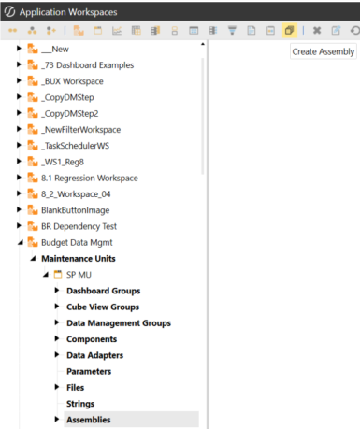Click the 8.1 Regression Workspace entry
click(90, 178)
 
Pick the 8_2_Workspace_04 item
click(82, 193)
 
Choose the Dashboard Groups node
click(103, 291)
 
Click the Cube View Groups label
click(103, 307)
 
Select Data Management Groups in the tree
click(119, 322)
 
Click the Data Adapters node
click(95, 355)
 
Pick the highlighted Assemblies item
click(89, 420)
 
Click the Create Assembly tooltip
click(323, 52)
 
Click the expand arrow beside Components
click(58, 339)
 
